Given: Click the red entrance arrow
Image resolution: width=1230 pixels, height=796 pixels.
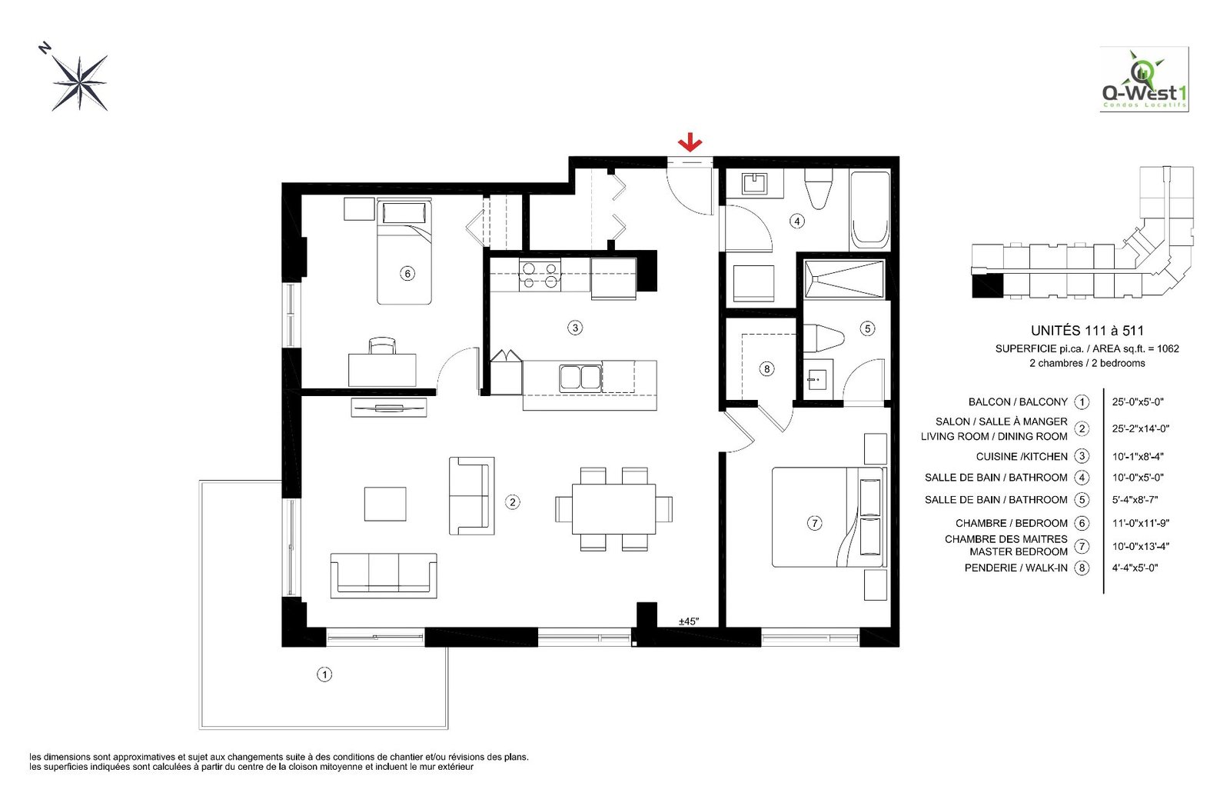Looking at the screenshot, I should point(690,142).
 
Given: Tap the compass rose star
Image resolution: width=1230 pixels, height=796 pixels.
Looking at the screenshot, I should point(79,82).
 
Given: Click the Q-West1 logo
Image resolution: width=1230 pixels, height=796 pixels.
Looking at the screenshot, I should point(1144,80).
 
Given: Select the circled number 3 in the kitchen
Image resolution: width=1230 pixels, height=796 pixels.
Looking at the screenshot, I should point(575,328).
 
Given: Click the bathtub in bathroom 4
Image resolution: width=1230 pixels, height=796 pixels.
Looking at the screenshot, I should point(869,209).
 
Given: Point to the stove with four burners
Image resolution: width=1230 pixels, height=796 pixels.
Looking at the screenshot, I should point(540,275).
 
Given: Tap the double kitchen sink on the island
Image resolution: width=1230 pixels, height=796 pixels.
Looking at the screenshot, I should point(580,377).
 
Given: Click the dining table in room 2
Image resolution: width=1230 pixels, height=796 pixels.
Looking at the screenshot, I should point(613,508).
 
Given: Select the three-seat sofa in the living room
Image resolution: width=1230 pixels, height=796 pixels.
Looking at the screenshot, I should point(383,575).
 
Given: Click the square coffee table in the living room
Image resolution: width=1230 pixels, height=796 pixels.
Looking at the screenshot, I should point(384,504).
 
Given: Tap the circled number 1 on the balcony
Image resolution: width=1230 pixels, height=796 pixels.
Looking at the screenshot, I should point(324,674).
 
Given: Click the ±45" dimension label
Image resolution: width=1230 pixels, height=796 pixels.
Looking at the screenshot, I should point(689,621).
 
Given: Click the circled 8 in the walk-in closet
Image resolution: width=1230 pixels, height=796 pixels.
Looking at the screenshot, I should point(766,369).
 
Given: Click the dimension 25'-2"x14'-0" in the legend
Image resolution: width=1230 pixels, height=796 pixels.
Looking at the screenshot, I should point(1140,428).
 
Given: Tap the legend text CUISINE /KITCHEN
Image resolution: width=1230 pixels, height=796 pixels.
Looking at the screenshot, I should point(1022,456).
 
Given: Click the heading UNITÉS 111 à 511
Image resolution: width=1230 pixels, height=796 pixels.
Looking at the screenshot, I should point(1086,331).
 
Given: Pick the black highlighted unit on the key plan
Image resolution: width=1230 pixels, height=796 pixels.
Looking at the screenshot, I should point(987,285).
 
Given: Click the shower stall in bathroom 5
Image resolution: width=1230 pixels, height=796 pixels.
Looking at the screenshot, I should point(843,279).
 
